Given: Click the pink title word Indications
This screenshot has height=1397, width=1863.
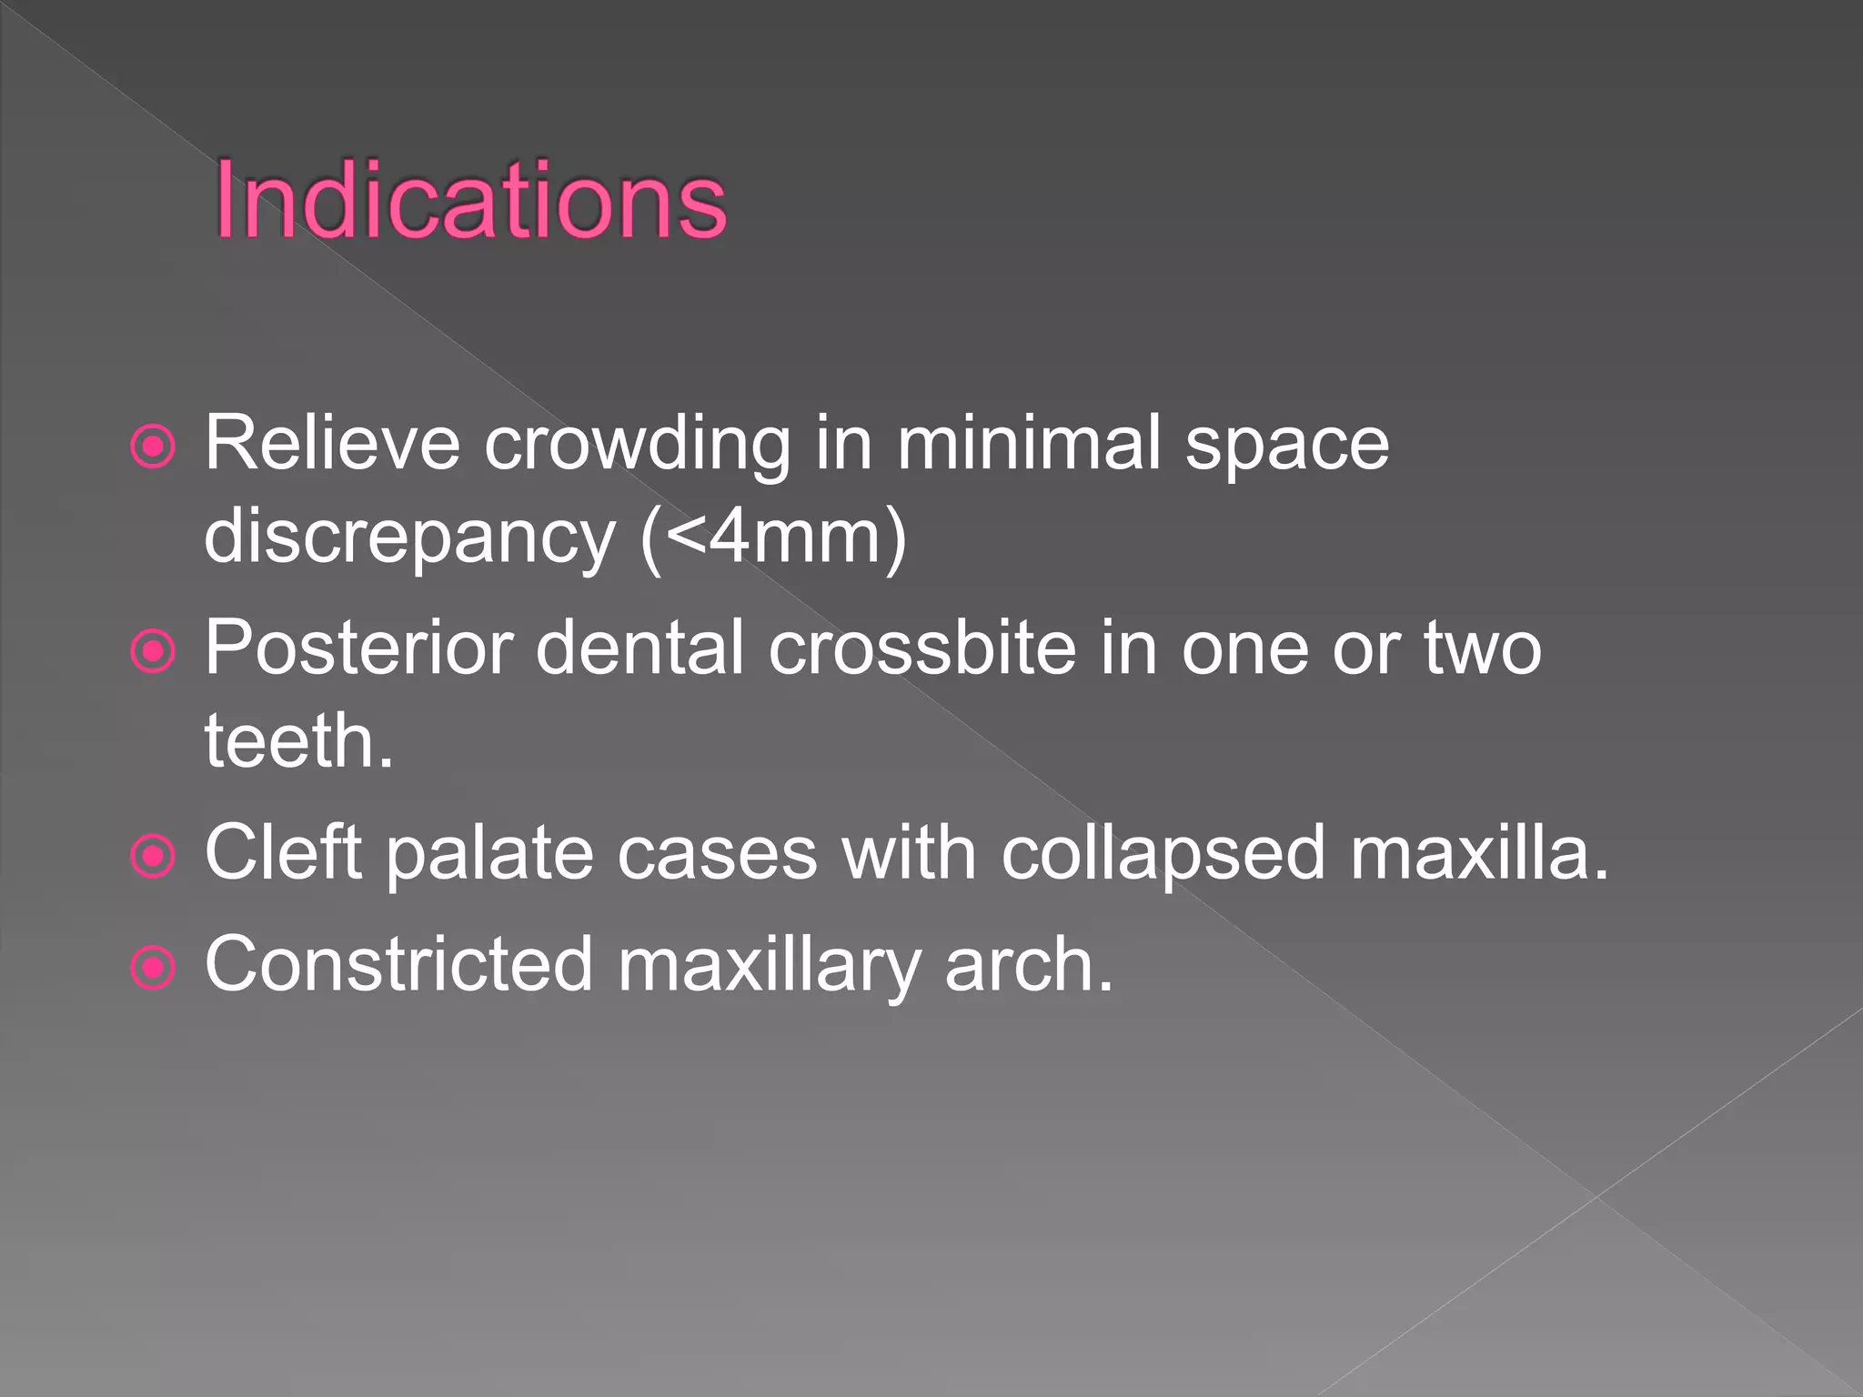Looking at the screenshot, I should click(470, 200).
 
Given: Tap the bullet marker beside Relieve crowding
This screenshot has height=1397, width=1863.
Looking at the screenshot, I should click(153, 447).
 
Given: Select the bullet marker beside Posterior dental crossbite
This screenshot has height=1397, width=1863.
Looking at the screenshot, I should click(153, 651).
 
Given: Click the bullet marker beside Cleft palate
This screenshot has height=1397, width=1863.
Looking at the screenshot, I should click(153, 856).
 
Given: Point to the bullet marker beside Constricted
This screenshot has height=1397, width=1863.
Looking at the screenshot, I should click(153, 968).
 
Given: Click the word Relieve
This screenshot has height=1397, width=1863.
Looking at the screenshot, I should click(332, 444).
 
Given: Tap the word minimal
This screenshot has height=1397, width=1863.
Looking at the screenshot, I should click(1028, 444).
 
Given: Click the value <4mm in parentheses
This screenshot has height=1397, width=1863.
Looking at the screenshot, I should click(773, 537).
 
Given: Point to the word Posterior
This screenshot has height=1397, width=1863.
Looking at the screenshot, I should click(359, 648).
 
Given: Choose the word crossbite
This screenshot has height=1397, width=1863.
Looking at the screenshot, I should click(922, 648).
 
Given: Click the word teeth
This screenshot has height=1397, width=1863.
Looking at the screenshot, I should click(298, 741).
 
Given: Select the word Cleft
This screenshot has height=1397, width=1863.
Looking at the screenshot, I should click(284, 853).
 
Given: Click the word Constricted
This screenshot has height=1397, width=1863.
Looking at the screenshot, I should click(398, 964).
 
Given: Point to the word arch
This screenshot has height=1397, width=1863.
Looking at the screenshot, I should click(1028, 964).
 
